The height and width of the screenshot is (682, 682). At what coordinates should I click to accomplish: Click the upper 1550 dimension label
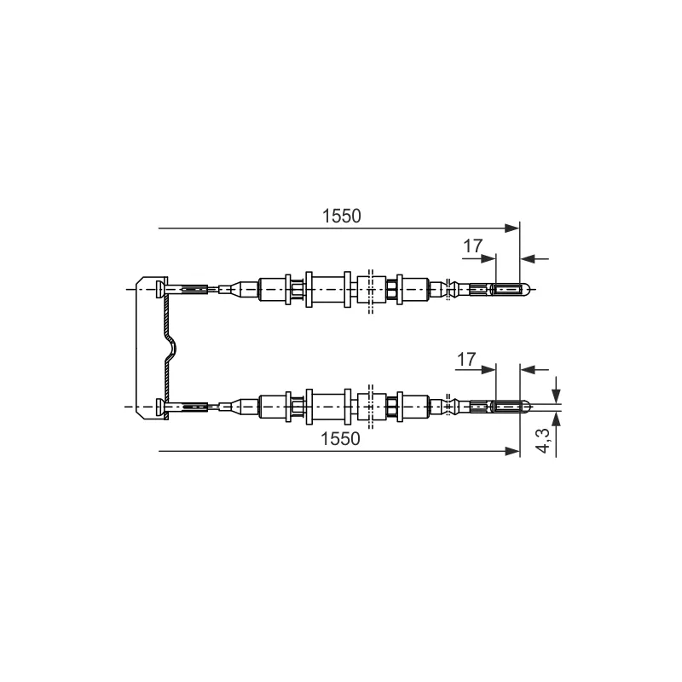click(342, 217)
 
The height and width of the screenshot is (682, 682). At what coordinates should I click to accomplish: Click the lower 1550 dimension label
click(340, 439)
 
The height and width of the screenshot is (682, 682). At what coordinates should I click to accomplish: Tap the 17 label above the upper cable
click(473, 246)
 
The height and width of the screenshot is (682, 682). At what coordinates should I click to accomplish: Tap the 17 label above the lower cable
click(466, 360)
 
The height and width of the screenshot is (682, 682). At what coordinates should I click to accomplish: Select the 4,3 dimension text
click(544, 440)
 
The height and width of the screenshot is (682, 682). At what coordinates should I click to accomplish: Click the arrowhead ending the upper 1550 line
click(512, 228)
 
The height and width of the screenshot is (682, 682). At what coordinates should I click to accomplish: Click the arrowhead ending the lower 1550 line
click(512, 451)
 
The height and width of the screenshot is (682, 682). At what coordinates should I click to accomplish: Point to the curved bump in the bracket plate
click(172, 348)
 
